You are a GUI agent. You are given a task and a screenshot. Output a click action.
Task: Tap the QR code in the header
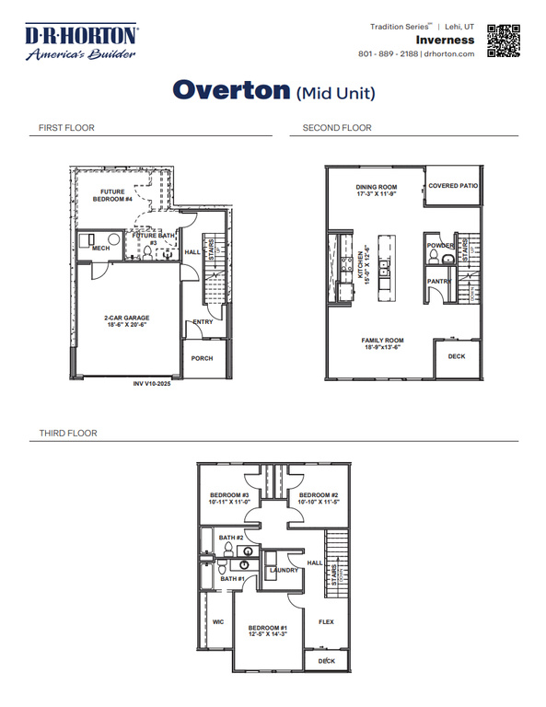(x=504, y=41)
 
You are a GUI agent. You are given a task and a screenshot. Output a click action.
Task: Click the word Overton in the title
(x=231, y=90)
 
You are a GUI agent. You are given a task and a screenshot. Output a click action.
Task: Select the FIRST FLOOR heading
(x=66, y=128)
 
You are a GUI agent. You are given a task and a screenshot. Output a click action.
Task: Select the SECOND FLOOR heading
(x=337, y=128)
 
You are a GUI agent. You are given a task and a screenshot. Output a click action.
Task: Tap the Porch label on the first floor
(x=202, y=358)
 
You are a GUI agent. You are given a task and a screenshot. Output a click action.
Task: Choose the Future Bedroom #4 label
(x=117, y=195)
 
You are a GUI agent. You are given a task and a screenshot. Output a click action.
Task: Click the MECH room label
(x=100, y=248)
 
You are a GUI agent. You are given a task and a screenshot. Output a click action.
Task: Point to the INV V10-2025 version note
(x=152, y=383)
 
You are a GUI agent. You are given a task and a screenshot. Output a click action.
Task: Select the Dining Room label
(x=375, y=187)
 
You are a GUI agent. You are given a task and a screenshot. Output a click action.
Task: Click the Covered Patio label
(x=455, y=185)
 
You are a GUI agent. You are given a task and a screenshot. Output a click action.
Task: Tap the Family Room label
(x=382, y=341)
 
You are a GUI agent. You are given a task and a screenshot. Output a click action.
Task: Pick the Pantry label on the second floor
(x=439, y=282)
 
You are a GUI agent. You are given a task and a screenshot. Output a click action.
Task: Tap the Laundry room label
(x=283, y=571)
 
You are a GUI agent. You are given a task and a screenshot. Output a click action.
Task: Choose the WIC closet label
(x=218, y=621)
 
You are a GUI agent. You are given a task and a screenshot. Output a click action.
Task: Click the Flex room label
(x=325, y=621)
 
